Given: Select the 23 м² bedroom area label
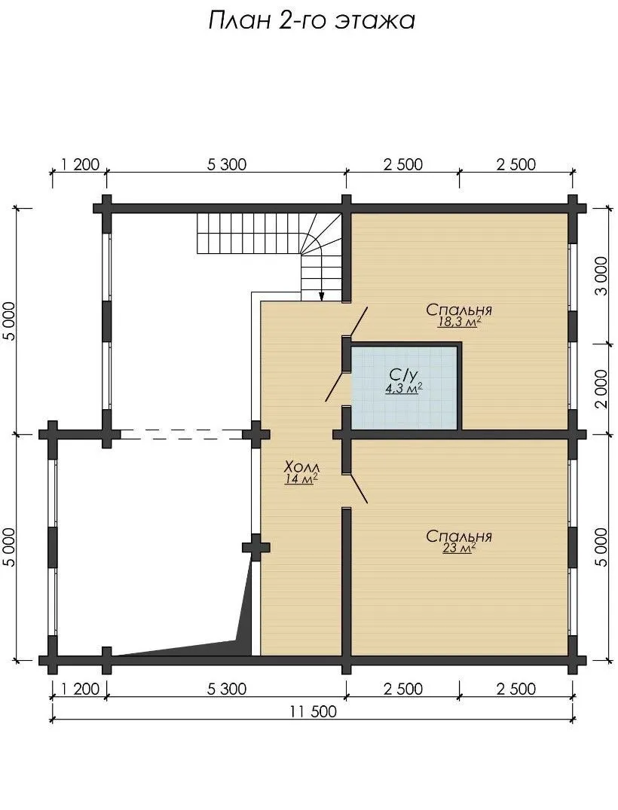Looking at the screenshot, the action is pos(459,549).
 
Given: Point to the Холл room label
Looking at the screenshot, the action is pos(301,467).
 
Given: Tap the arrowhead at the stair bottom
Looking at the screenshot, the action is pos(321,296).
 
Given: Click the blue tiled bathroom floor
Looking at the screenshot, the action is pos(404,387).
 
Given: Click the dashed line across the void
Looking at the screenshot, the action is pos(182,434).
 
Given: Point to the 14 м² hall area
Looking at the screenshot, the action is pos(301,480).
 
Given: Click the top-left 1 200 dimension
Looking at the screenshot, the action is pos(80,165).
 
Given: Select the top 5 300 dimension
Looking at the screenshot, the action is pos(227,165).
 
